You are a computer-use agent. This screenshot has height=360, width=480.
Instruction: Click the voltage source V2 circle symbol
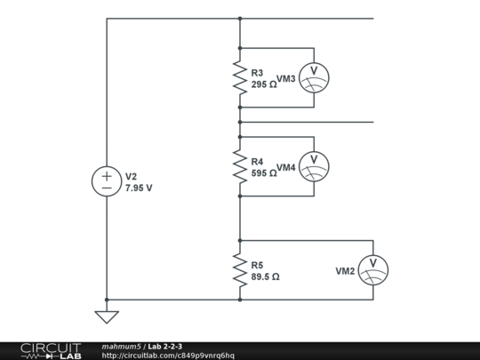(107, 181)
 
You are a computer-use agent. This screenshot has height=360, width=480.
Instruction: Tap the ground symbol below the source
(107, 315)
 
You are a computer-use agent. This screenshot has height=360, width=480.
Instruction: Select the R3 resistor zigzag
(239, 78)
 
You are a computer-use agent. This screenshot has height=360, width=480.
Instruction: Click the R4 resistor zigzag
(239, 166)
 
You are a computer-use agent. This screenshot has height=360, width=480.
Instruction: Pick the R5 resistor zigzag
(239, 270)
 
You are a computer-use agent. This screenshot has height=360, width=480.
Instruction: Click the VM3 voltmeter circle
(313, 78)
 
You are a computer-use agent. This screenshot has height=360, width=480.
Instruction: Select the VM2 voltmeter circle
(373, 269)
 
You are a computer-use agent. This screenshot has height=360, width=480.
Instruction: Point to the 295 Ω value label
(264, 84)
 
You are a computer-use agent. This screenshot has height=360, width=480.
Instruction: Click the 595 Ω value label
(264, 173)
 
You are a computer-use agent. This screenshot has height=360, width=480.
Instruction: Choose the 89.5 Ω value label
(266, 276)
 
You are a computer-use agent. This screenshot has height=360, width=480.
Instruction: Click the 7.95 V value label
(139, 188)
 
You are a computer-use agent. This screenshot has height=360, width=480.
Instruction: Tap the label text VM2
(345, 270)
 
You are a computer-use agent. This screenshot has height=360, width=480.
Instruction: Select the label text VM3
(286, 79)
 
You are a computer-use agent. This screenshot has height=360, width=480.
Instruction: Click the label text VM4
(286, 167)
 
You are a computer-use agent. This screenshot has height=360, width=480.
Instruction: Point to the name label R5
(257, 265)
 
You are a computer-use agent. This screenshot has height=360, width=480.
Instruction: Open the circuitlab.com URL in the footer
(168, 356)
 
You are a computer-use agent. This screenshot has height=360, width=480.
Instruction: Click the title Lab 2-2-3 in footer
(165, 346)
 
